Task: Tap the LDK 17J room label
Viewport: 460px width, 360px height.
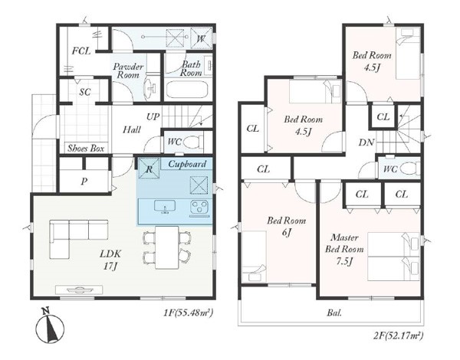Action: pos(110,260)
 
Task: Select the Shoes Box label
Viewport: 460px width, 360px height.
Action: pos(86,149)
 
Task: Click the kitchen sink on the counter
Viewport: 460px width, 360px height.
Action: pos(165,206)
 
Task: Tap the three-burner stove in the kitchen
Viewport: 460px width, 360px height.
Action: pos(199,207)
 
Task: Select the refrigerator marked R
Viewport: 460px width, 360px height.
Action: pos(149,168)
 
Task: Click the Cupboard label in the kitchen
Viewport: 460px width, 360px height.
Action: pos(187,164)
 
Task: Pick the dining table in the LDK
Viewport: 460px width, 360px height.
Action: pos(167,247)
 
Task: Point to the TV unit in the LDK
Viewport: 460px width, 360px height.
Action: pos(79,290)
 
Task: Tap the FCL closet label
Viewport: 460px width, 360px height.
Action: pos(81,51)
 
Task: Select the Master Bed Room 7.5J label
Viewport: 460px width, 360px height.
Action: pos(344,249)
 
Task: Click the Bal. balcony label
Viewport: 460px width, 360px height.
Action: pos(334,313)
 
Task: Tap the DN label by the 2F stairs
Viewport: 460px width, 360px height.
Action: pos(366,142)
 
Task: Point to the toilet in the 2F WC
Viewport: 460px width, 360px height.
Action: pos(410,169)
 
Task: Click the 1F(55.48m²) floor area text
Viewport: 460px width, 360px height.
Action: pos(188,313)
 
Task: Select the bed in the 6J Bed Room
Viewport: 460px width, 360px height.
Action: pos(255,257)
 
